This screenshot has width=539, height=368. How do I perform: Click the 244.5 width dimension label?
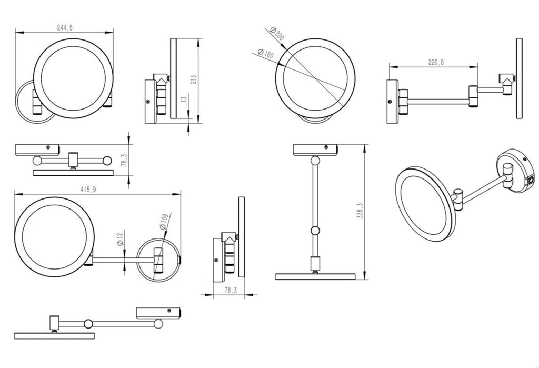coord(63,28)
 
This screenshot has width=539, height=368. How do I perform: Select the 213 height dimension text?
coord(194,79)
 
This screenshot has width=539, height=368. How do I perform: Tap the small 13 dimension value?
coord(183,99)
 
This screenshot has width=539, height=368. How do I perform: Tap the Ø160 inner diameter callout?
coord(265,53)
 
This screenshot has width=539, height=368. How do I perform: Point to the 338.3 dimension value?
coord(360,211)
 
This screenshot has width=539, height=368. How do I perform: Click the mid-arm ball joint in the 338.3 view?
coord(315,230)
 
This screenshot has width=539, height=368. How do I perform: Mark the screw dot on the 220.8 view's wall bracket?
coord(389,102)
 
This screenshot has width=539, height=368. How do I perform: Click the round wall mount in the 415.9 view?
coord(158,259)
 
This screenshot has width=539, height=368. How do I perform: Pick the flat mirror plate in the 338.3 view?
coord(314,276)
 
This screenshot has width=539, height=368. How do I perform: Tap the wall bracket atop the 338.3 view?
coord(314,149)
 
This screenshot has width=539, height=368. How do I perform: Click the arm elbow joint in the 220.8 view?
coord(474,95)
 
